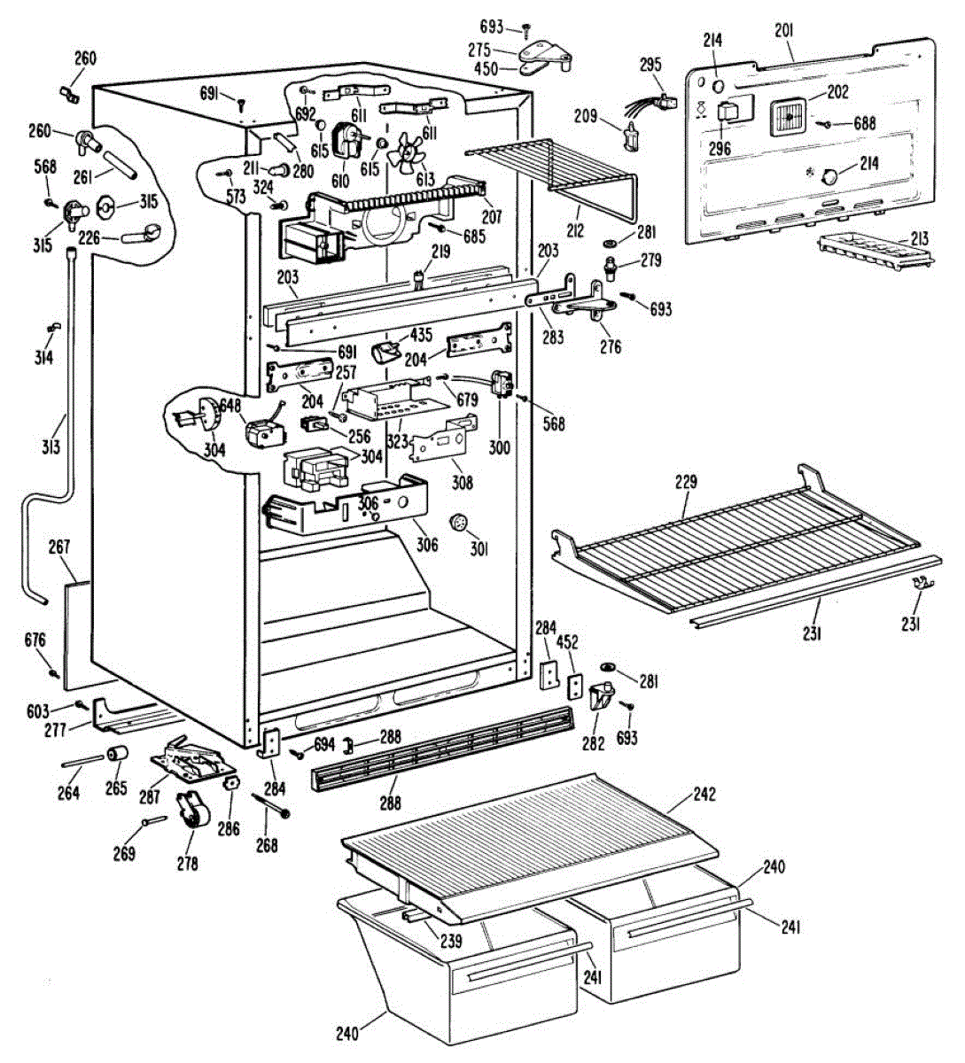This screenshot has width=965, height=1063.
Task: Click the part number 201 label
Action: click(x=783, y=30)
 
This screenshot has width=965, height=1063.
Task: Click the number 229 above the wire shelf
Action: click(x=686, y=483)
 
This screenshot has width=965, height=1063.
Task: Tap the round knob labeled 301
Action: click(x=459, y=522)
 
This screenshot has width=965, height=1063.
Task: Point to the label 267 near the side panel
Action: click(x=59, y=547)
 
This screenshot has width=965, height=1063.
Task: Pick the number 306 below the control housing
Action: click(x=426, y=545)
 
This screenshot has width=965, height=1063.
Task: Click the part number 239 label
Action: click(x=450, y=941)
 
